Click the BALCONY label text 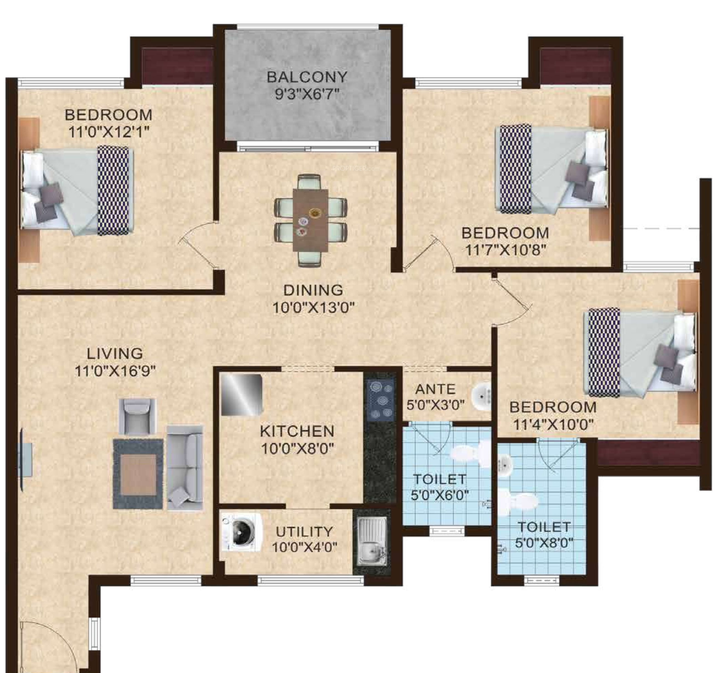tap(307, 77)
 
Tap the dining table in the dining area tap(310, 220)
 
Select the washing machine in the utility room tap(241, 532)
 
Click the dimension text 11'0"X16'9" tap(115, 371)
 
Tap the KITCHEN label tap(297, 431)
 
